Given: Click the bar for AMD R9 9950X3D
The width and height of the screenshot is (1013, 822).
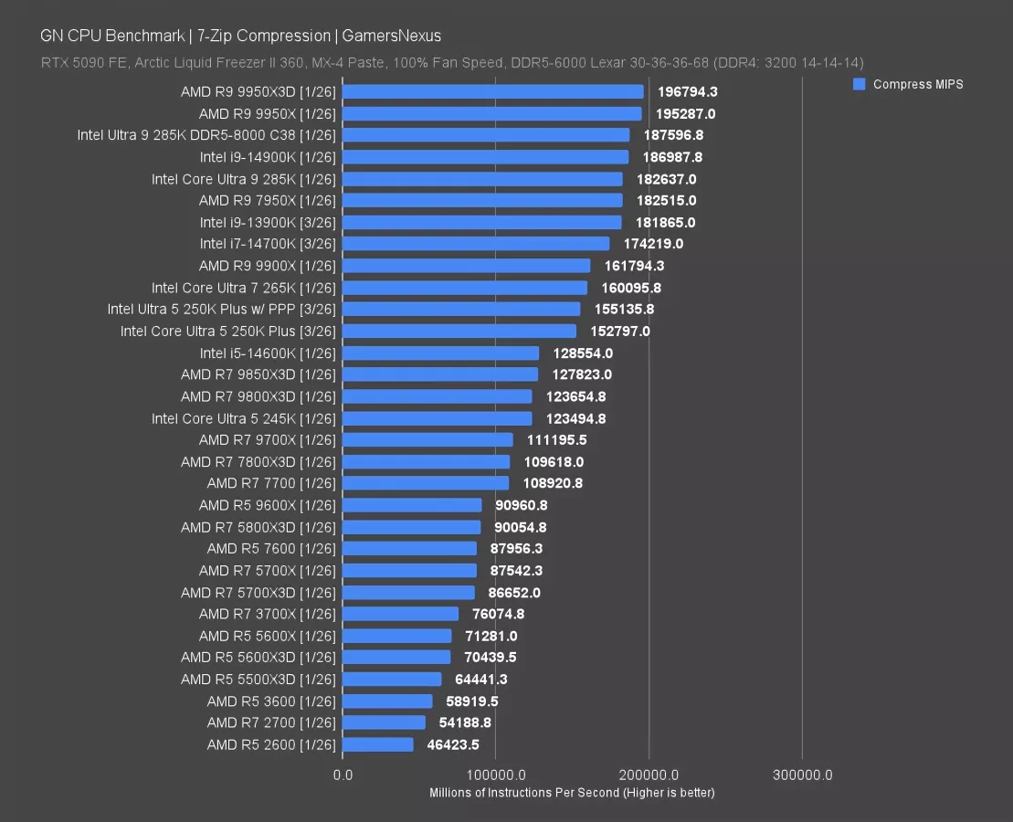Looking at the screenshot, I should click(493, 91).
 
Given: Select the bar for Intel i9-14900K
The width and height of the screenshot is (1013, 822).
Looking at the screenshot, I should click(485, 157).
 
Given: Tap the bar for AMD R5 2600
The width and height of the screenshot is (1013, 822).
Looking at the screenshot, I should click(378, 744).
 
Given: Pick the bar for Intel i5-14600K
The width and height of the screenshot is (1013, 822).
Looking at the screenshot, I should click(440, 353).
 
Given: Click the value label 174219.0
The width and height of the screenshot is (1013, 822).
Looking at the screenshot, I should click(652, 244).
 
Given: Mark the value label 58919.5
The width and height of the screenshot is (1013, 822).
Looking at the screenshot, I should click(471, 701).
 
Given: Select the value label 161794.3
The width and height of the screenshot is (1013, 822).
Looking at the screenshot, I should click(634, 266).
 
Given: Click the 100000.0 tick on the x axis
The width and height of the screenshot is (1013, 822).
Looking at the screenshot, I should click(495, 775).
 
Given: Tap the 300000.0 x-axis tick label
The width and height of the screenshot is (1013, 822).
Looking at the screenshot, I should click(802, 775).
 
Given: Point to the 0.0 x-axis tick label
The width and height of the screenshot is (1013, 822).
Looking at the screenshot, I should click(343, 775).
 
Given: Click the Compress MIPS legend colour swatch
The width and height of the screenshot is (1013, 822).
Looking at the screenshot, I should click(859, 84).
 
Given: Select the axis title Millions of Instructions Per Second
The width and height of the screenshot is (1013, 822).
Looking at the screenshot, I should click(572, 793).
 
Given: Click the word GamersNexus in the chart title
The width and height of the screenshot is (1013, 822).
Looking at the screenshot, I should click(392, 37).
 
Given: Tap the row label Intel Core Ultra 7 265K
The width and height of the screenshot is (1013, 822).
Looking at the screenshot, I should click(244, 288).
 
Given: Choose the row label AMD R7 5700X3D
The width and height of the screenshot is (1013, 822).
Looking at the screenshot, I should click(259, 593).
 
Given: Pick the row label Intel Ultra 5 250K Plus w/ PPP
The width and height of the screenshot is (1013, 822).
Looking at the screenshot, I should click(222, 310).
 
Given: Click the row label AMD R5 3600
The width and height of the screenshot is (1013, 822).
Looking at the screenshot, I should click(271, 701).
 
